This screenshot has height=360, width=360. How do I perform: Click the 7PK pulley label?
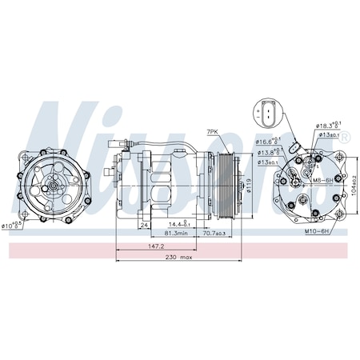pos(213,130)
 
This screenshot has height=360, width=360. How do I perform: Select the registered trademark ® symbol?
pos(346,138)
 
